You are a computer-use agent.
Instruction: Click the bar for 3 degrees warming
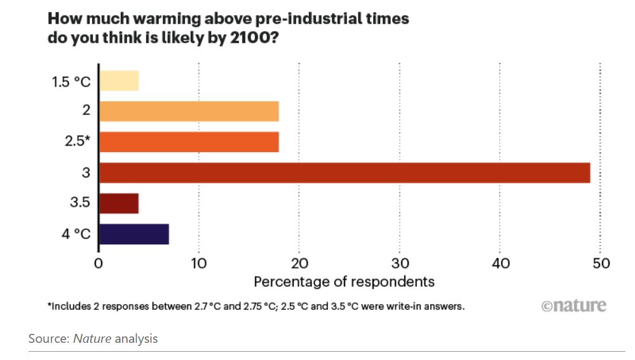coord(344,172)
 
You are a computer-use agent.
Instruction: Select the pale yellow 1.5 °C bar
coord(119,81)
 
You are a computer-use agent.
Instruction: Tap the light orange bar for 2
coord(189,111)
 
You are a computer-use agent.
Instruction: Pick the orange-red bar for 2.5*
coord(189,142)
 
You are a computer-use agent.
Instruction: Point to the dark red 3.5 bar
coord(119,203)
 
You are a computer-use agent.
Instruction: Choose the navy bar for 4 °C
coord(133,234)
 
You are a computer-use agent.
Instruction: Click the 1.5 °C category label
coord(71,81)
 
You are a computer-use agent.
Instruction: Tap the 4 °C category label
coord(76,234)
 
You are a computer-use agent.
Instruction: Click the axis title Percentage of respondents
coord(344,281)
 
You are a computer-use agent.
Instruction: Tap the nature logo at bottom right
coord(573,306)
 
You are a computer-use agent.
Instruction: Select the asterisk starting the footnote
coord(50,305)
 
